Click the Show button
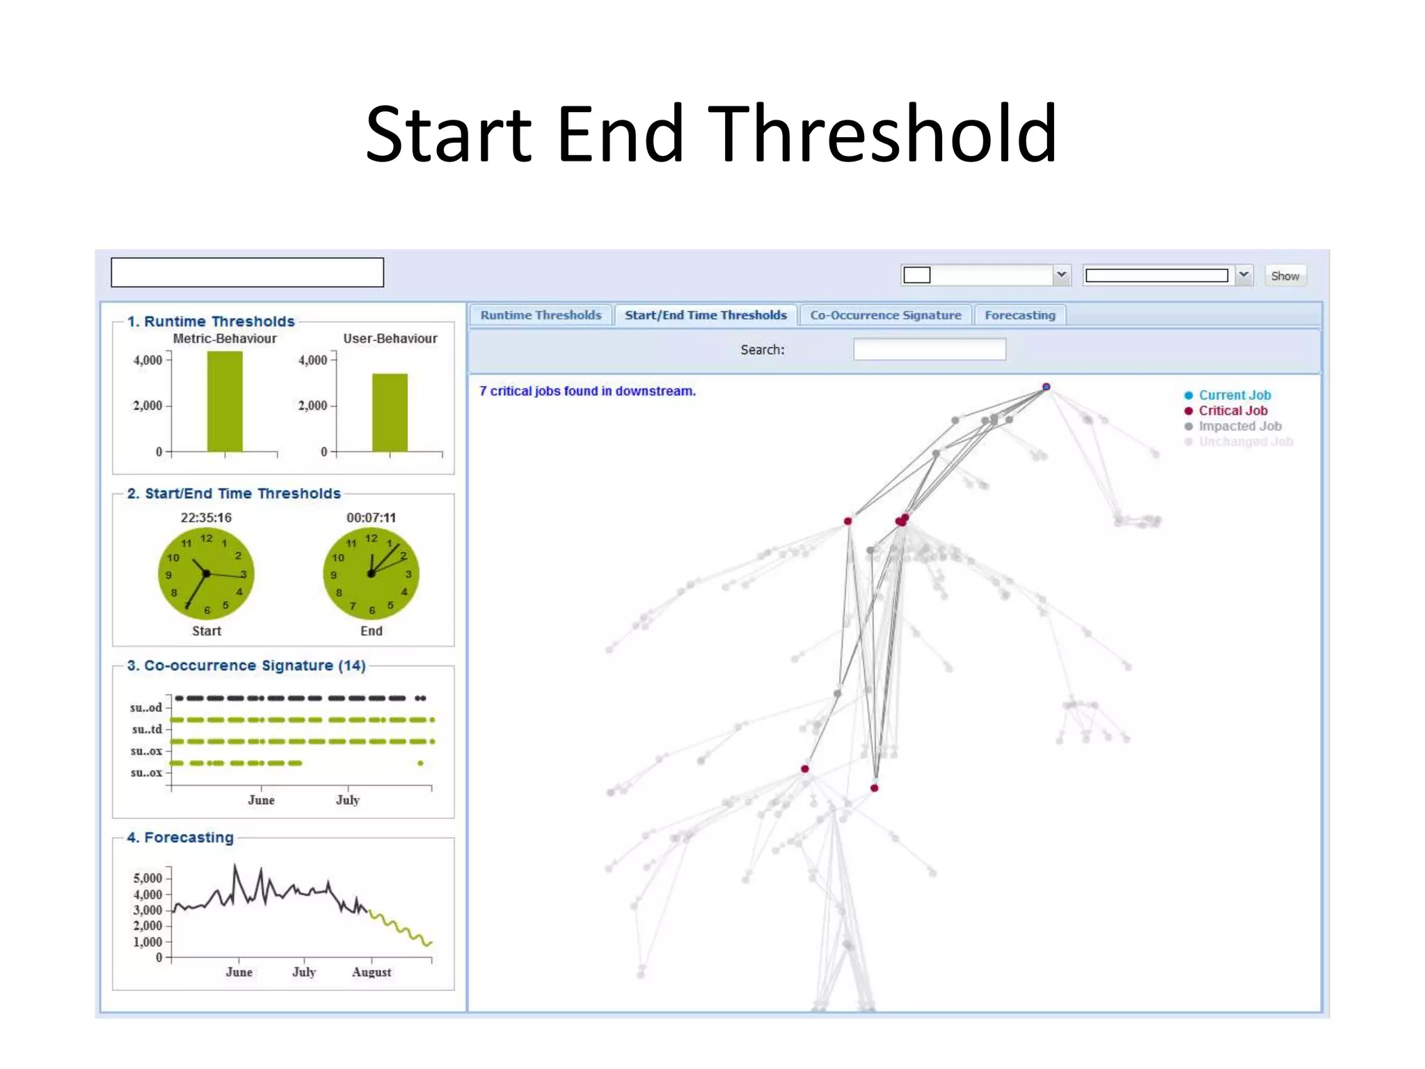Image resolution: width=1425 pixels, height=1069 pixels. click(1284, 276)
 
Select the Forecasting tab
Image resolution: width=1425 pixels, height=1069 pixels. click(1019, 315)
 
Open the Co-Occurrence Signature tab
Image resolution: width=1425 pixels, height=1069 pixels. click(885, 315)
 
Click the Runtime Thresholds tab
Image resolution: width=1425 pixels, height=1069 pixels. click(541, 315)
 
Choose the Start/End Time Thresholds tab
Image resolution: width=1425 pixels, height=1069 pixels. click(706, 315)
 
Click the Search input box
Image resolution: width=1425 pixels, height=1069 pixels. click(929, 349)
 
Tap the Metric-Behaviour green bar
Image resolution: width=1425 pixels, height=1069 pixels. click(225, 402)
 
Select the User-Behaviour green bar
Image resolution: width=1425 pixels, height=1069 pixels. click(390, 413)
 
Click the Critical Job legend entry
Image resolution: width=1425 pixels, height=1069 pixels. click(1232, 411)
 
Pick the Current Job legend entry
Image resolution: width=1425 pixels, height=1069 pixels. click(1234, 395)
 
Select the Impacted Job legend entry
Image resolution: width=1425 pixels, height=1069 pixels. click(1239, 426)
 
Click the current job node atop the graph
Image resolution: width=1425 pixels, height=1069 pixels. click(1046, 387)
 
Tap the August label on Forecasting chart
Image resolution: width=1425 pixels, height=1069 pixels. click(372, 972)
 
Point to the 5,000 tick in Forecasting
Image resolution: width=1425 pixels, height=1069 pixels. click(148, 878)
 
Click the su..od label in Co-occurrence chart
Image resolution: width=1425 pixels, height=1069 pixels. click(146, 708)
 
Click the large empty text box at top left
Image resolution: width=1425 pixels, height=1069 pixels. click(247, 272)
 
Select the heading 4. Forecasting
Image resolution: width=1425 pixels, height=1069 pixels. click(180, 837)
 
